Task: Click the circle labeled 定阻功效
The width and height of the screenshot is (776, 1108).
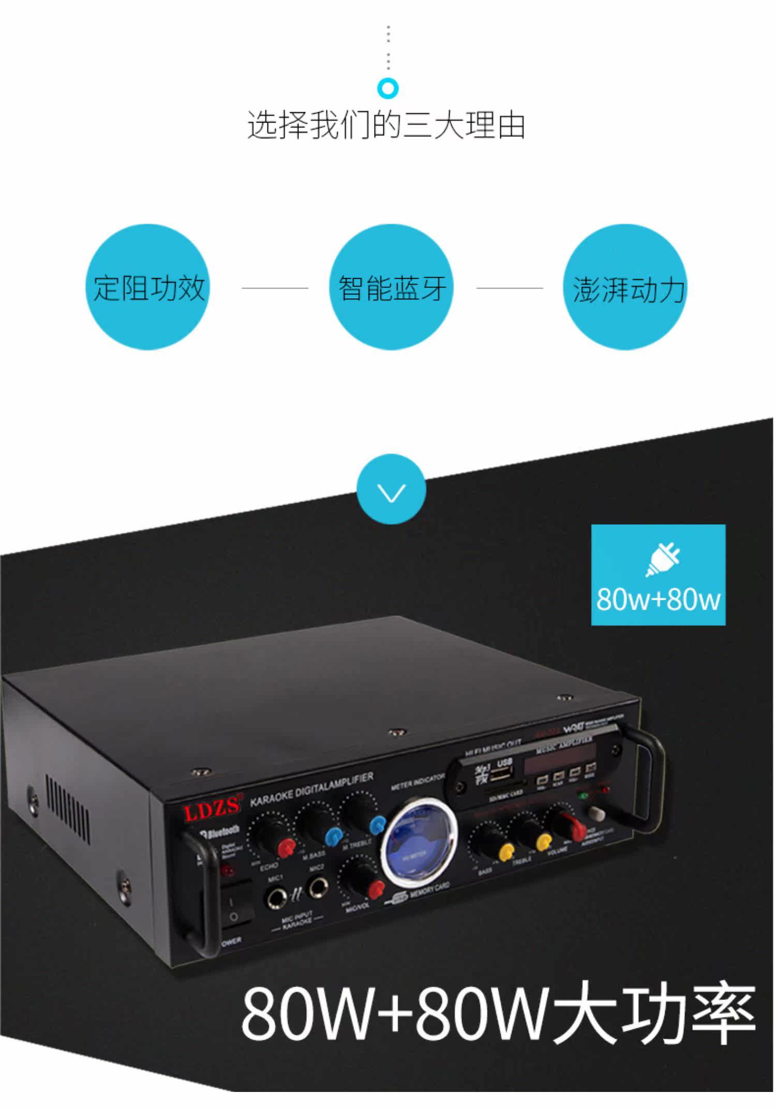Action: (148, 287)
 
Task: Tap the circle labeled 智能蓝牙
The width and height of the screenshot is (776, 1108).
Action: (392, 287)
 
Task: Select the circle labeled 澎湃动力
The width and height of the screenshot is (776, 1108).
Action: (625, 287)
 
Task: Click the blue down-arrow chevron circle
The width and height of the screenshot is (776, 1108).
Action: (392, 489)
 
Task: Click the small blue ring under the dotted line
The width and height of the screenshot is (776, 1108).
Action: (388, 88)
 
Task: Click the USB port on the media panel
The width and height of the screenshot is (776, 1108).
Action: (501, 775)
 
